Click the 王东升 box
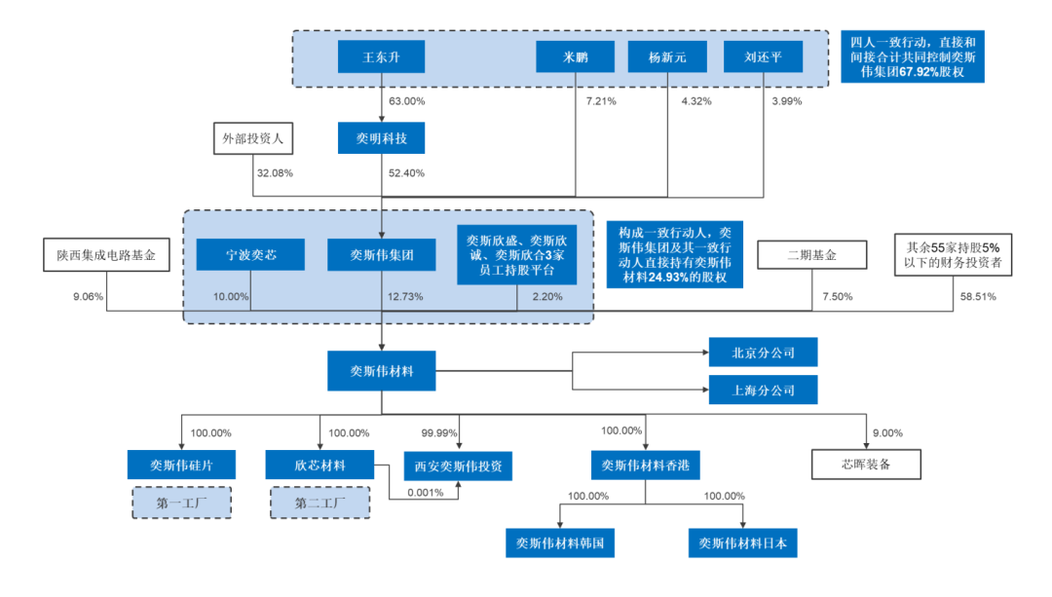click(x=381, y=57)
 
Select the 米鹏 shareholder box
click(x=575, y=57)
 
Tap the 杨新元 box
click(x=668, y=57)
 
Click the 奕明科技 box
click(x=381, y=138)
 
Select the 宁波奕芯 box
click(x=250, y=255)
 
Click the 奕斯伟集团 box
click(x=382, y=255)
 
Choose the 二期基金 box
click(x=812, y=255)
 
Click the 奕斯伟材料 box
click(x=381, y=370)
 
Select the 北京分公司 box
click(x=763, y=353)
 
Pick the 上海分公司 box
click(x=763, y=391)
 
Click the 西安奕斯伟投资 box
click(x=458, y=466)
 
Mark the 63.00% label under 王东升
click(x=406, y=101)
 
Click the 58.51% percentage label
click(x=978, y=297)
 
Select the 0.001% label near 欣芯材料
click(x=427, y=492)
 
